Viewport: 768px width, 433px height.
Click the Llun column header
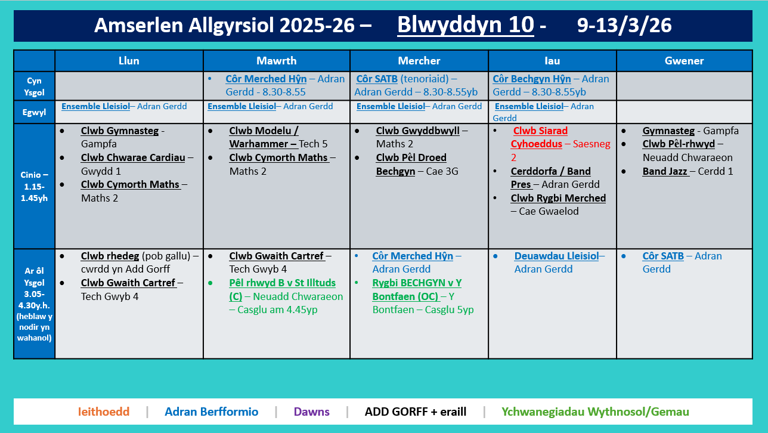(x=129, y=61)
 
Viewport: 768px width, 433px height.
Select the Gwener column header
(x=684, y=61)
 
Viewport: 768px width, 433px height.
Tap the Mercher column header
(x=419, y=61)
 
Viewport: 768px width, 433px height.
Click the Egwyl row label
(x=34, y=112)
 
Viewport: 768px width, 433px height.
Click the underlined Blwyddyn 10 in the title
(x=465, y=25)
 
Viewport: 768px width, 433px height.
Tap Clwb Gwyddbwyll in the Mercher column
(x=417, y=131)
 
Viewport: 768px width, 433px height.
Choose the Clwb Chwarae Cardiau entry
(x=133, y=157)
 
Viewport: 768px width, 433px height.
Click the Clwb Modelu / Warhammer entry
(x=264, y=137)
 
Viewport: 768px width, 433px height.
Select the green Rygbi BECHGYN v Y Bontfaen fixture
(x=416, y=289)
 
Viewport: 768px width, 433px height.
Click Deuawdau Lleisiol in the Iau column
(x=556, y=256)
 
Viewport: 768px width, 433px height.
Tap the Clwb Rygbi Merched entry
(x=558, y=198)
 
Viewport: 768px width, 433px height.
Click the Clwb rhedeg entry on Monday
(x=107, y=256)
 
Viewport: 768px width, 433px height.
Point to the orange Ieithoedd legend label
(x=104, y=412)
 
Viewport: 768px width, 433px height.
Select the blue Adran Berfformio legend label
(x=212, y=412)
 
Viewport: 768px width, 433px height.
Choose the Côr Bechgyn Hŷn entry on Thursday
(x=532, y=79)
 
